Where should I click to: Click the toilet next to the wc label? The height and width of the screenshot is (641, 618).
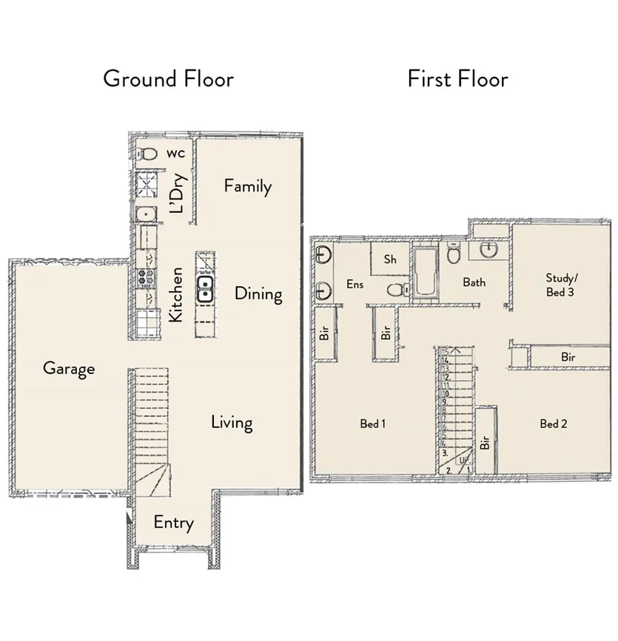point(149,154)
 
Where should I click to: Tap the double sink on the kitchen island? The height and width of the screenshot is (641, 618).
point(205,289)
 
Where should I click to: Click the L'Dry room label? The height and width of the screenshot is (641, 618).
point(178,193)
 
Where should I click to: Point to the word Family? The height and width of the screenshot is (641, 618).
point(248,186)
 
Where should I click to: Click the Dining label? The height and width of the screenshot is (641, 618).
point(258,294)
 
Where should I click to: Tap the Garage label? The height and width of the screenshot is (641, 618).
point(69,367)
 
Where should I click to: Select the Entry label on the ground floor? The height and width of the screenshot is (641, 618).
point(173,523)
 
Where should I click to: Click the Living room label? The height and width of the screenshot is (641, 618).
point(232,423)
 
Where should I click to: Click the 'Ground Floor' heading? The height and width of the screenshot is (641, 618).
point(168,78)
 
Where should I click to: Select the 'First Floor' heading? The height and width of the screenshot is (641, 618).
point(457,78)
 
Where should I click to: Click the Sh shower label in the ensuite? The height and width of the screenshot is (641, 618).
point(390,260)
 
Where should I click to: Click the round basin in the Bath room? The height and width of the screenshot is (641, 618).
point(488,250)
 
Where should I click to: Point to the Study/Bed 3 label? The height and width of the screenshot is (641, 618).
point(560,285)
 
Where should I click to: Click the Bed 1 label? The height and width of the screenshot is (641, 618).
point(373,424)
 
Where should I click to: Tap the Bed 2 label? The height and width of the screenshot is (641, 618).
point(553,424)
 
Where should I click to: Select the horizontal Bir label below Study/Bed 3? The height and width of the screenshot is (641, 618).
point(568,357)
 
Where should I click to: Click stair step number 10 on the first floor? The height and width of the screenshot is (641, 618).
point(446,393)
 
